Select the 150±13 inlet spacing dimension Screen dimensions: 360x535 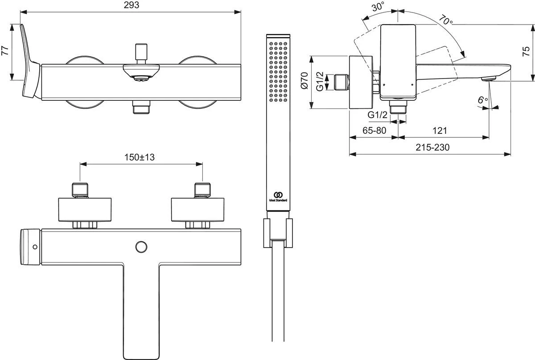coord(141,157)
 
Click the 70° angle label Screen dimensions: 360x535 coord(445,21)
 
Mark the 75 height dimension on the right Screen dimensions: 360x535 coord(527,52)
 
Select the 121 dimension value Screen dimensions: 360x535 coord(440,131)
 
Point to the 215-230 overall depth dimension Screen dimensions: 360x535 coord(429,147)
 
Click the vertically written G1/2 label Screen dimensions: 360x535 coord(320,82)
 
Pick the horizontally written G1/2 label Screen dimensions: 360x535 coord(377,115)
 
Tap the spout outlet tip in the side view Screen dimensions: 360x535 coord(489,79)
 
